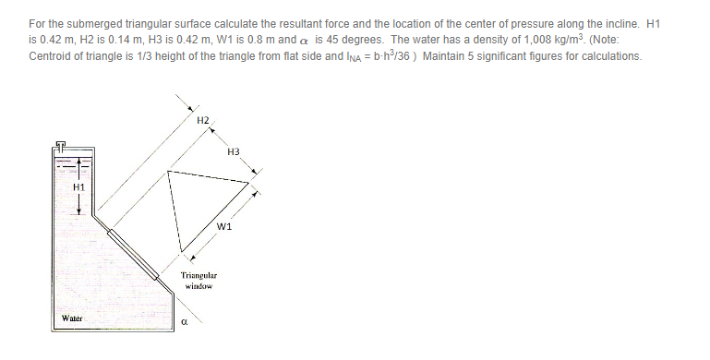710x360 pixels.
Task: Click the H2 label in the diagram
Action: click(x=203, y=121)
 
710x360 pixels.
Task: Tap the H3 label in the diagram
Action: click(x=233, y=151)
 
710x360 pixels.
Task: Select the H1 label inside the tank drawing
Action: click(x=78, y=188)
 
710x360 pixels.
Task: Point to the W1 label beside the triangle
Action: click(x=223, y=226)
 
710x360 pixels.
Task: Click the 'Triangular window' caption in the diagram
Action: click(x=199, y=281)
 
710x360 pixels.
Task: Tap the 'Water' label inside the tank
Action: click(x=72, y=318)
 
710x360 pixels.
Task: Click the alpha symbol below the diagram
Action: click(x=185, y=324)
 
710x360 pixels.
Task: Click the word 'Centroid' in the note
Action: click(x=52, y=55)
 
